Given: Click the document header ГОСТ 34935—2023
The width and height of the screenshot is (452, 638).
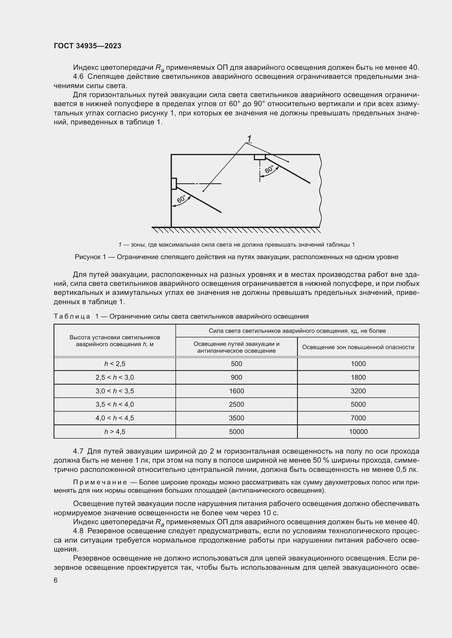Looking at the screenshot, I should [87, 46].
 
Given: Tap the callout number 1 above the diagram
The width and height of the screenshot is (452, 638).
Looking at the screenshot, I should [250, 138].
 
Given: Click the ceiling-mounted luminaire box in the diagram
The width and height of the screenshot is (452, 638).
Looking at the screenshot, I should [259, 157].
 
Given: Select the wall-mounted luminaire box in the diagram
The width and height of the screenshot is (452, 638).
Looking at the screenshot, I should [174, 183].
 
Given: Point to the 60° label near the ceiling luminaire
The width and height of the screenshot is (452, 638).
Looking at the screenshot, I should [269, 169].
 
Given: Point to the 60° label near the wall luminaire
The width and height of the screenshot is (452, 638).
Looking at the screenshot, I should [181, 199].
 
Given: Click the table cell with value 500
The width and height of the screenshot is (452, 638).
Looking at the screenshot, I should [236, 364].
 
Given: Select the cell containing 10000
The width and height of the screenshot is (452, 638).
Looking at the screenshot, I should [358, 432].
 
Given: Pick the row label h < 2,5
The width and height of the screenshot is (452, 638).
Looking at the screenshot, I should [115, 364].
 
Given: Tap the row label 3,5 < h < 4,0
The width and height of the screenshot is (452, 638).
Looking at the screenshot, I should [115, 404].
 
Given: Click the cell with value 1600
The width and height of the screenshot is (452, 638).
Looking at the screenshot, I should [236, 391].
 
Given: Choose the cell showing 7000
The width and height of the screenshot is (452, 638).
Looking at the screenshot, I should [358, 418].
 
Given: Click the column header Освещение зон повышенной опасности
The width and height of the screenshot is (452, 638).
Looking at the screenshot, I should [358, 347].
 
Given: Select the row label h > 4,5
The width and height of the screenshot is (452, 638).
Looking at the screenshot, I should [115, 432].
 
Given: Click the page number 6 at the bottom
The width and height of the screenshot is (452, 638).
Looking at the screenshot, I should [56, 580].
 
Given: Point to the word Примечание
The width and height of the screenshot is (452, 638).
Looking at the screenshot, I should [100, 483].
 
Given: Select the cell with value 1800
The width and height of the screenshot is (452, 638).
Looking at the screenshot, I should [358, 377].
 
